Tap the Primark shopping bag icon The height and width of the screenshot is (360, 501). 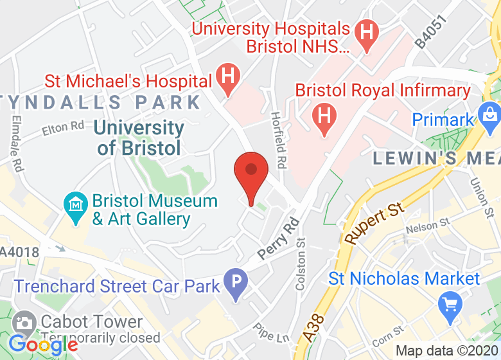[489, 116]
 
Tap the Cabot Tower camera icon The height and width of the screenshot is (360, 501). [26, 322]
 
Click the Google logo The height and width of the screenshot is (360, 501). [43, 345]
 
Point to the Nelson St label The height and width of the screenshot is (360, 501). [427, 226]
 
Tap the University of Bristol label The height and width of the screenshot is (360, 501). [139, 138]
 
